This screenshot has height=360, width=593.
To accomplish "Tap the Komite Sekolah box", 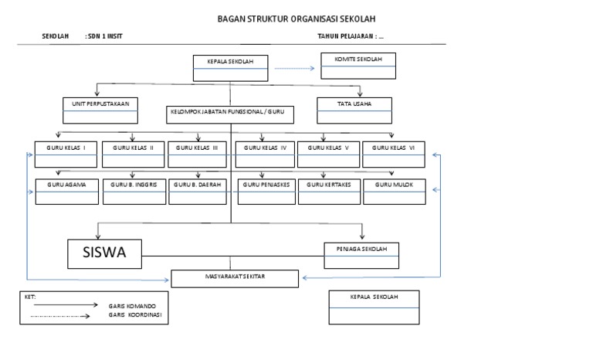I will click(x=358, y=66).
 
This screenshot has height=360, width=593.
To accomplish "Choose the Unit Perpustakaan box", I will click(x=100, y=110).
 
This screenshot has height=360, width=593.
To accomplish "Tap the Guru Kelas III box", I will click(x=198, y=154).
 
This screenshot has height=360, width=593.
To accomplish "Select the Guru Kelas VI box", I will click(x=393, y=154).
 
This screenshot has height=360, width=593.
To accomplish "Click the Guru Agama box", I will click(x=66, y=191).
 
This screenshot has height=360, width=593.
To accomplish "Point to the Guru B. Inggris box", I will click(x=134, y=191).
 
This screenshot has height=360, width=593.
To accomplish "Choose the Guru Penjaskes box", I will click(x=266, y=191).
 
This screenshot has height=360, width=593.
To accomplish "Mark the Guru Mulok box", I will click(x=394, y=191).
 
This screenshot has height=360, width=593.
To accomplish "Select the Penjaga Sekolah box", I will click(x=362, y=253).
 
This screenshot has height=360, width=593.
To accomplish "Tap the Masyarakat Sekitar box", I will click(x=236, y=279).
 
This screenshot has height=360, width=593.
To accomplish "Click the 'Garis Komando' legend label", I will click(x=127, y=307).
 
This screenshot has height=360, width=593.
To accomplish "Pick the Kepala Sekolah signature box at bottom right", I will click(x=374, y=307).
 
